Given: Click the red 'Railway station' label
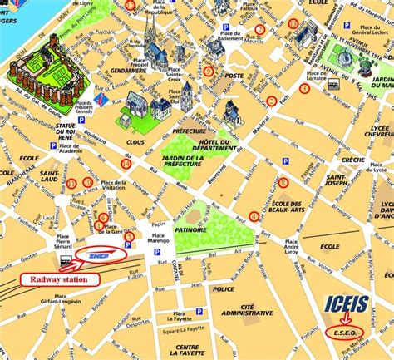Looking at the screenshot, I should coord(59,280).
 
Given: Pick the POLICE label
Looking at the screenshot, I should coord(223,289).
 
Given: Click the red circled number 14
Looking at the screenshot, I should coord(126,164).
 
